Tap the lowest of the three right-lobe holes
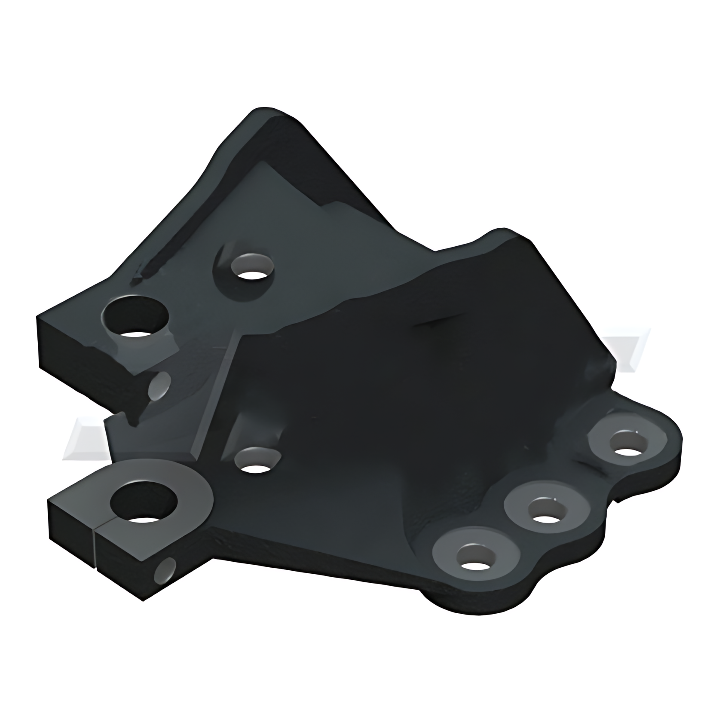pyautogui.click(x=475, y=560)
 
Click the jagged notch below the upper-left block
pyautogui.click(x=129, y=415)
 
